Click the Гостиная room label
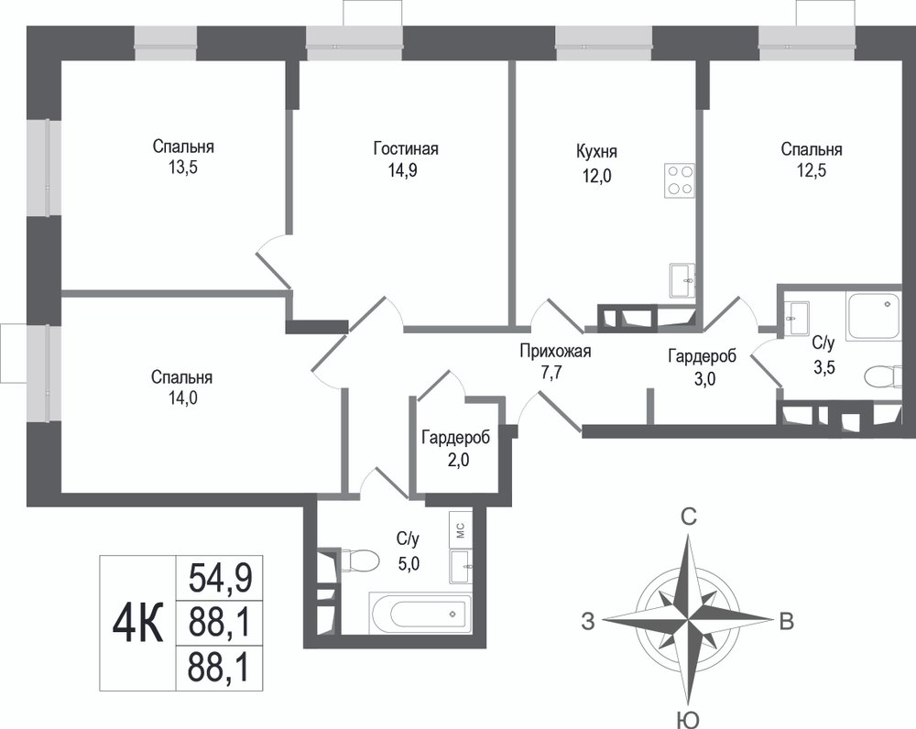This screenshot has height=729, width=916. tap(406, 149)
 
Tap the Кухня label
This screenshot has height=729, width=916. tap(596, 152)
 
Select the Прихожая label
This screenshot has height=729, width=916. tap(556, 351)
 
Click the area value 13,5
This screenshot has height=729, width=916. tap(183, 169)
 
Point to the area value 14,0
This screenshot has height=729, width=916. tap(182, 398)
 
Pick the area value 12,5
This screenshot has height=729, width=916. tap(812, 170)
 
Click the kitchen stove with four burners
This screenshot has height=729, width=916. tap(680, 180)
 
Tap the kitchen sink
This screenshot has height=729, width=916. tap(682, 281)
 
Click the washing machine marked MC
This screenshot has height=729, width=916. tap(460, 530)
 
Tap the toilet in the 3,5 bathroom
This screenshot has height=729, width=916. tap(882, 376)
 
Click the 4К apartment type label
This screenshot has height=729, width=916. tap(138, 623)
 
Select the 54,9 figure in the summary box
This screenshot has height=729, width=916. tap(220, 578)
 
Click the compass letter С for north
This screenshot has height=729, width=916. tap(690, 517)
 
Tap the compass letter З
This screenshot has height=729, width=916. tap(588, 622)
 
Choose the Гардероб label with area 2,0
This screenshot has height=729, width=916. tap(455, 438)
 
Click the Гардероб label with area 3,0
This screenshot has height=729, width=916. tap(703, 355)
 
